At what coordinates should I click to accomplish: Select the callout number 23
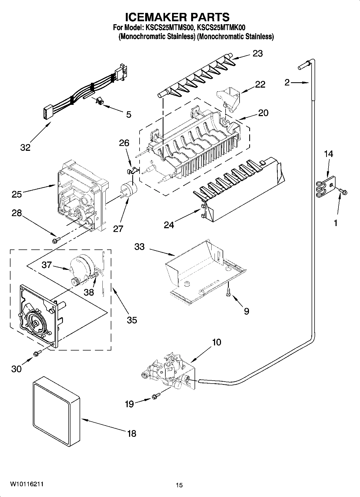[x=258, y=53]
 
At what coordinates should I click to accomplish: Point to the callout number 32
[x=25, y=147]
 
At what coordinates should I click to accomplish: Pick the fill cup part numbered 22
[x=229, y=98]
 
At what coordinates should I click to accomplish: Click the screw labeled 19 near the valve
[x=156, y=396]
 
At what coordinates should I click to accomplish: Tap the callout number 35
[x=132, y=320]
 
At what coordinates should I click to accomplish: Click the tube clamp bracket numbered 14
[x=326, y=186]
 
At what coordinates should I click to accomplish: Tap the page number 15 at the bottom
[x=179, y=485]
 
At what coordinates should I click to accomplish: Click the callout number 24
[x=169, y=225]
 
